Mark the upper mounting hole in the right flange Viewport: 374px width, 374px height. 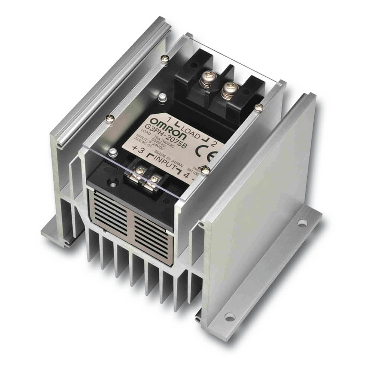coord(301,225)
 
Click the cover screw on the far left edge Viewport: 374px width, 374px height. coord(109,119)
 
